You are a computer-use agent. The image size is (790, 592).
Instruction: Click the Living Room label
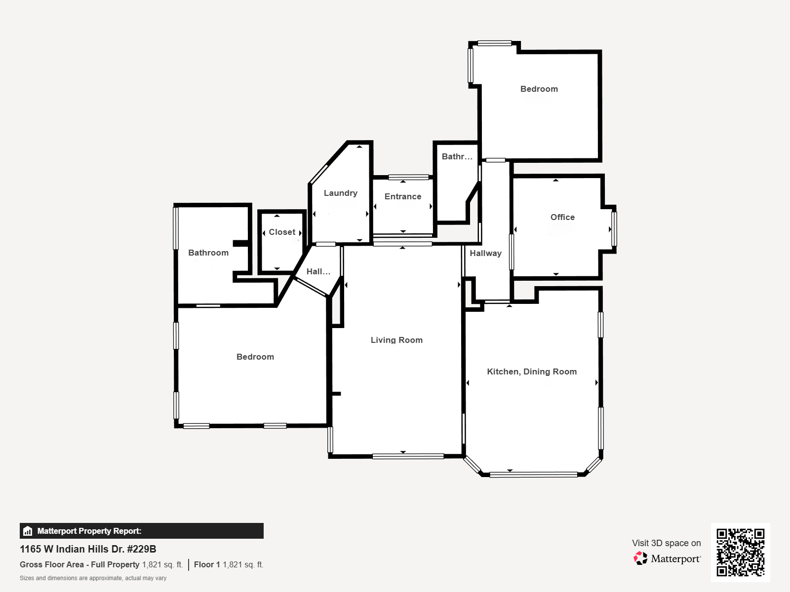[x=396, y=340]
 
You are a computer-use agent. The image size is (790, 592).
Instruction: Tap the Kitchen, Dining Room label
[x=532, y=371]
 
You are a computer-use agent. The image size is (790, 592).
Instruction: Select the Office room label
[x=562, y=217]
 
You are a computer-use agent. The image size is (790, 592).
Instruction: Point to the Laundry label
[x=341, y=193]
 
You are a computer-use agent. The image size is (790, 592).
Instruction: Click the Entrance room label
[x=403, y=197]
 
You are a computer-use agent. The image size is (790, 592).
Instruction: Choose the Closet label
[x=282, y=232]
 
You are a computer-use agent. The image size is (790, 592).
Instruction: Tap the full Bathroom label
[x=208, y=253]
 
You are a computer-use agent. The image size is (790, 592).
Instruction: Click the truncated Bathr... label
[x=457, y=156]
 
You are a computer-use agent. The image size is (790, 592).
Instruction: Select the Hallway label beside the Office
[x=485, y=254]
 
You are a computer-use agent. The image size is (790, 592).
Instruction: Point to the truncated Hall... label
[x=318, y=271]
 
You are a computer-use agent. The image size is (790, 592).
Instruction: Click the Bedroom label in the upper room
[x=539, y=89]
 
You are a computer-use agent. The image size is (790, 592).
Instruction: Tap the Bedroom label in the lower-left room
[x=255, y=357]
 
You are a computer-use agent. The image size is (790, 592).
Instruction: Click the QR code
[x=740, y=553]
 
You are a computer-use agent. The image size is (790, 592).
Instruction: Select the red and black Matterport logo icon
[x=640, y=558]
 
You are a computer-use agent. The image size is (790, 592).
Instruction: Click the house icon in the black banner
[x=27, y=531]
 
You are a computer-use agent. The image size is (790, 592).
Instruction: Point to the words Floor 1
[x=207, y=565]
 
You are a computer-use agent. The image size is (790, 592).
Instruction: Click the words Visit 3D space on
[x=667, y=543]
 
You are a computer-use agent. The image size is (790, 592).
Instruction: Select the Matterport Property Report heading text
[x=89, y=531]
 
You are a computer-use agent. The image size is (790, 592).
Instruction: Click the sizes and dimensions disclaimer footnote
[x=93, y=578]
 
